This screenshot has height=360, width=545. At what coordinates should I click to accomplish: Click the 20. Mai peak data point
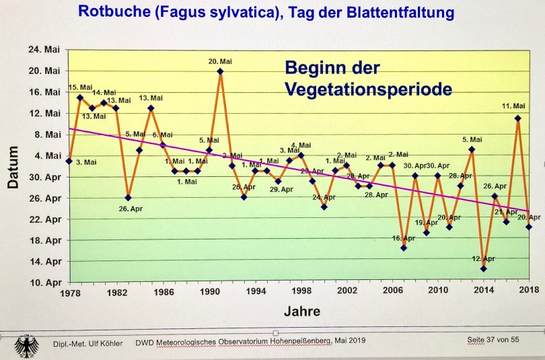pos(220,71)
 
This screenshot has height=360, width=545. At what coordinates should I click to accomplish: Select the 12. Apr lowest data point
pos(483,269)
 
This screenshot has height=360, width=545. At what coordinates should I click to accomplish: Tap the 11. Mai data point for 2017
pos(517,118)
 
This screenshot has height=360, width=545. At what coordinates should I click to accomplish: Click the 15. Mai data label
pos(81,87)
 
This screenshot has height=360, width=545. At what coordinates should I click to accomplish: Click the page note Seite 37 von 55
pos(493,340)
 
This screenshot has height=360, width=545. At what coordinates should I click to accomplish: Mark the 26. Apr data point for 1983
pos(128,198)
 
